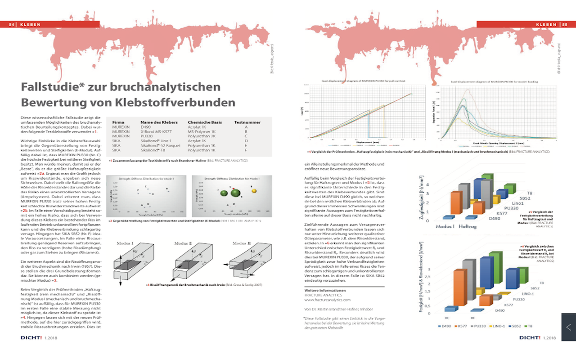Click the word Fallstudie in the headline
coord(49,86)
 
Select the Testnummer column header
coord(247,122)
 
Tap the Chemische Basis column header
coord(205,122)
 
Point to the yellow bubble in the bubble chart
coord(253,191)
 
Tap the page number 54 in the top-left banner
coord(12,24)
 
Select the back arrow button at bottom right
coord(569,327)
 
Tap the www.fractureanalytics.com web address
coord(327,299)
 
